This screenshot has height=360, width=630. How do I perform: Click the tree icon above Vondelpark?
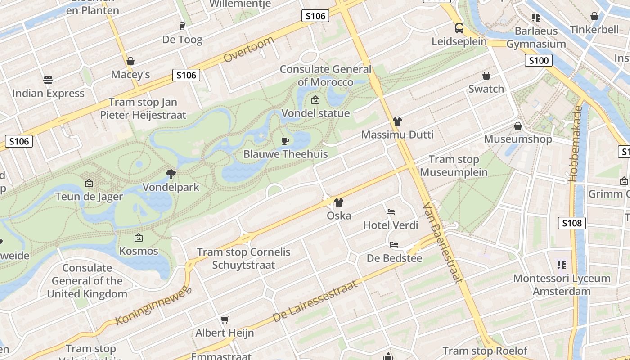(171, 174)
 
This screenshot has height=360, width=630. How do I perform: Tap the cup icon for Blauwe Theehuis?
(285, 141)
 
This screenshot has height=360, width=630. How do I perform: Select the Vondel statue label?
(315, 113)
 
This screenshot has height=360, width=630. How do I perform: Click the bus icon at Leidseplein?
(459, 28)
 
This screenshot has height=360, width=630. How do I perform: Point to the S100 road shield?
(538, 60)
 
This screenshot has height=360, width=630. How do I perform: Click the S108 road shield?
(572, 223)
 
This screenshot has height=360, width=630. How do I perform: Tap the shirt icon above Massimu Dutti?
(397, 121)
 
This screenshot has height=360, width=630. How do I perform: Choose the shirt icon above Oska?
(339, 202)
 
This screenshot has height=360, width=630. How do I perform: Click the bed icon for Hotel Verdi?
(391, 211)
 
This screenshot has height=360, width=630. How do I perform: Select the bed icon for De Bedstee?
(394, 245)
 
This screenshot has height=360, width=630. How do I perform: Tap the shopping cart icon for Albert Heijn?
(225, 319)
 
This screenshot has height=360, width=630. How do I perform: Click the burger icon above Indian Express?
(48, 80)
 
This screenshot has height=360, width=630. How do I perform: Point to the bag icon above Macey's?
(130, 61)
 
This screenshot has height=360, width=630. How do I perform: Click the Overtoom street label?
(248, 49)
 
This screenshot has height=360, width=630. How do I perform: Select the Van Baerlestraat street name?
(443, 243)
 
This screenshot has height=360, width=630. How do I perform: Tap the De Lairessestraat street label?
(315, 301)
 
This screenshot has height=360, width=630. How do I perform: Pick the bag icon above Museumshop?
(518, 126)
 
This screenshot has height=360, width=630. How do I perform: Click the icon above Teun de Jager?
(89, 183)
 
